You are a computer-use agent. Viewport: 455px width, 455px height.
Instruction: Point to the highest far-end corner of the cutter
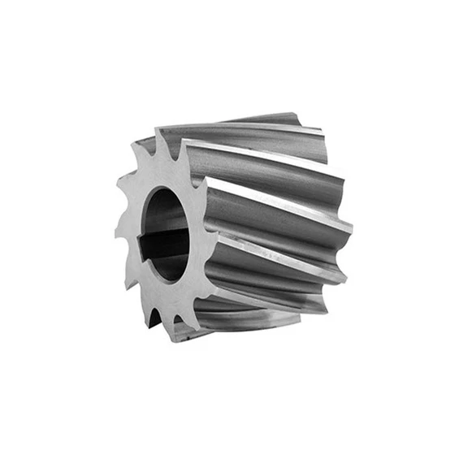(x=294, y=113)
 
